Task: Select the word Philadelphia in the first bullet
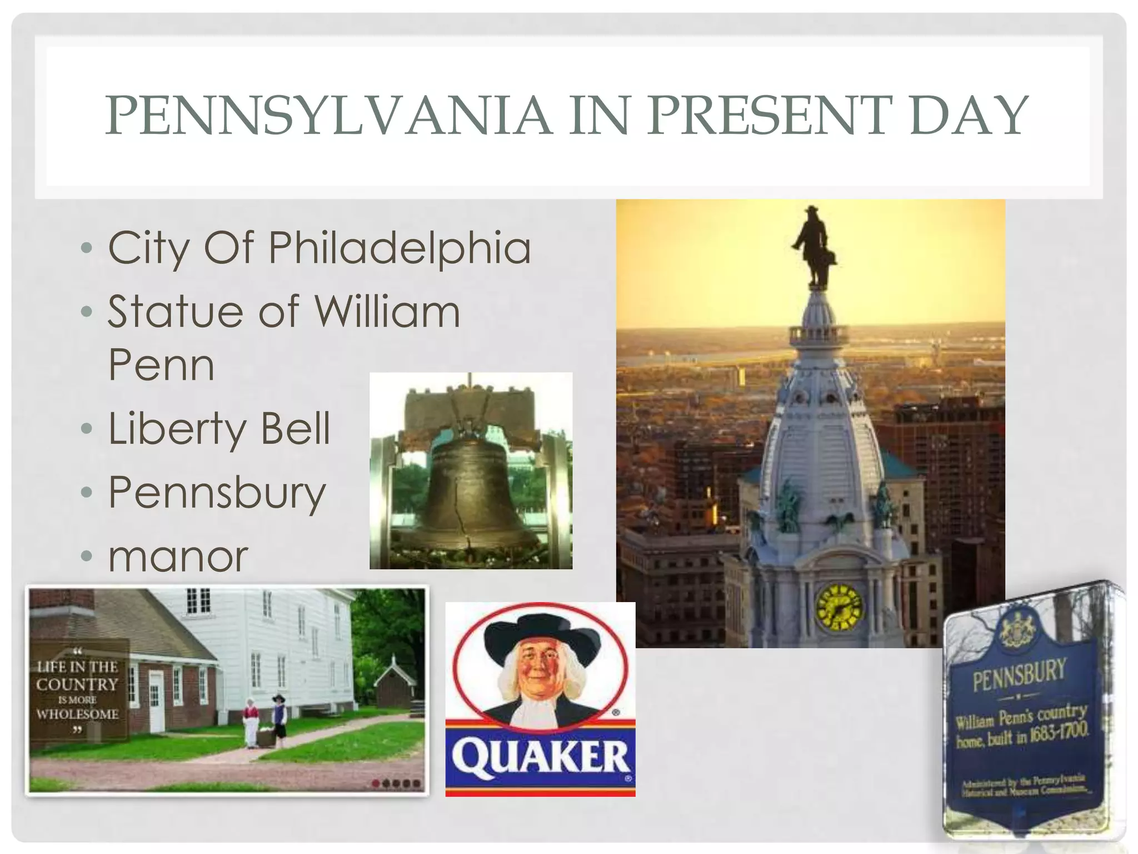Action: [400, 247]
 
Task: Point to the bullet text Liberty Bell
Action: [219, 429]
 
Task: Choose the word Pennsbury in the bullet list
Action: [217, 493]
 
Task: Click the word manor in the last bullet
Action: [178, 557]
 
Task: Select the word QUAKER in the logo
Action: [540, 758]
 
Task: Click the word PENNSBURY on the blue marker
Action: [1019, 674]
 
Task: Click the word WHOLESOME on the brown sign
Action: [77, 714]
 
